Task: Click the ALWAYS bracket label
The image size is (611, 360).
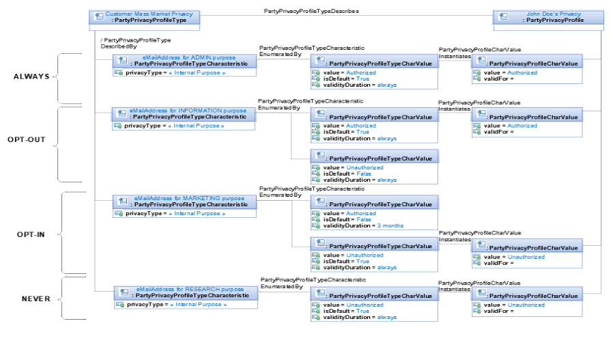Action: tap(31, 77)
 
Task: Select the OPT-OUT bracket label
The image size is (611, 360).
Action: tap(27, 139)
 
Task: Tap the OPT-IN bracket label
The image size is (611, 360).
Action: tap(31, 234)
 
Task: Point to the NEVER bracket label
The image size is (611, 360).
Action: tap(36, 299)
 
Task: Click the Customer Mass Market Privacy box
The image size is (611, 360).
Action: tap(145, 20)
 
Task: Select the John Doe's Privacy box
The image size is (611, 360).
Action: tap(549, 20)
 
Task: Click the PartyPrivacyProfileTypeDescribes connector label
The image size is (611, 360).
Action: tap(311, 11)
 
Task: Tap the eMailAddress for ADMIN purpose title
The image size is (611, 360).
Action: tap(189, 57)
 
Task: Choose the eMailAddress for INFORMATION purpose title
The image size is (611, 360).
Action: tap(188, 111)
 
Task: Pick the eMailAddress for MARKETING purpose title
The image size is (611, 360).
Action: tap(189, 198)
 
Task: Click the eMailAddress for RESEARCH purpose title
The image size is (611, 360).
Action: tap(190, 289)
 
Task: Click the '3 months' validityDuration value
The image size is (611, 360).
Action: tap(390, 225)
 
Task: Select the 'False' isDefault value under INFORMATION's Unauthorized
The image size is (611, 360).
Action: tap(364, 174)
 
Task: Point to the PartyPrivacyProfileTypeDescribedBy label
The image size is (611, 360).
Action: tap(136, 43)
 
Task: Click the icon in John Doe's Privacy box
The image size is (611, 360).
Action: tap(503, 16)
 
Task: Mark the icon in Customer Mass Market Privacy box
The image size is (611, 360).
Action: tap(99, 16)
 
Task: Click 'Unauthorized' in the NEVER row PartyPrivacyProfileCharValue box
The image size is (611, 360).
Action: tap(526, 305)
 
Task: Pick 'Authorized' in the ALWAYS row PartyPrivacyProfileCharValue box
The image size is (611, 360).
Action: tap(522, 72)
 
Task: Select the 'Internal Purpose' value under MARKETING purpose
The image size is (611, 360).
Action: tap(197, 213)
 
